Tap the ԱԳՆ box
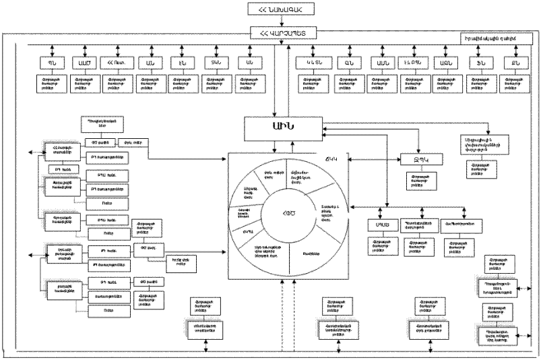pos(444,62)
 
